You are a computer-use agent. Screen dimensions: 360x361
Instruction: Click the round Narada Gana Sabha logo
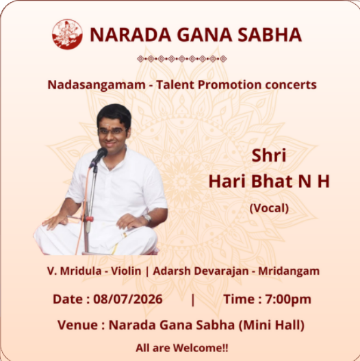(67, 34)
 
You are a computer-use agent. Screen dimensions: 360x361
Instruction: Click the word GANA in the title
(205, 35)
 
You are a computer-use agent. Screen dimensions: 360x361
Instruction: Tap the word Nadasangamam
(97, 85)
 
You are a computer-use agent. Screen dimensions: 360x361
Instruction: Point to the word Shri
(269, 155)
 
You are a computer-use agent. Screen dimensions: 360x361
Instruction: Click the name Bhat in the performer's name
(272, 182)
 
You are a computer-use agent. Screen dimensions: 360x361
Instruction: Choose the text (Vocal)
(269, 208)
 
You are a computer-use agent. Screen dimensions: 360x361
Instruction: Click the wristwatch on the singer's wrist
(146, 217)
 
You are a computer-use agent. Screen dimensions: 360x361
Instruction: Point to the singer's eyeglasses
(112, 132)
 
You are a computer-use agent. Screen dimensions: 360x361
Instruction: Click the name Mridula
(81, 271)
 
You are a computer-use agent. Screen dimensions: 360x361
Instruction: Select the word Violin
(126, 271)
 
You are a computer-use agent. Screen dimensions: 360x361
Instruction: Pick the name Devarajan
(221, 271)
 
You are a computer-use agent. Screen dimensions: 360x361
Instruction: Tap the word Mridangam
(289, 271)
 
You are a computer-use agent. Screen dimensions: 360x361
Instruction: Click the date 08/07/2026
(128, 299)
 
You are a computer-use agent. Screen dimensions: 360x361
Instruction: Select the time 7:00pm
(288, 299)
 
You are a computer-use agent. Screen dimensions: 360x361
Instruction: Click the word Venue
(77, 325)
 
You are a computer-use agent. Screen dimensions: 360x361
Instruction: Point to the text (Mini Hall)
(272, 325)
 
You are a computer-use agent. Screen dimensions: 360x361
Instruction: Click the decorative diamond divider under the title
(182, 59)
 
